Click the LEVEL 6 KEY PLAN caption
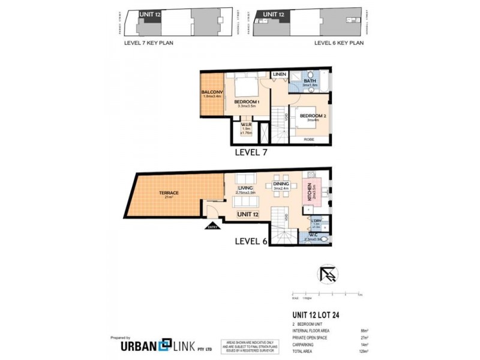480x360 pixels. point(340,43)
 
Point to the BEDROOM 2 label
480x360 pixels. point(312,116)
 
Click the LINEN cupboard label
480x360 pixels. point(280,74)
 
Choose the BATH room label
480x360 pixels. point(310,82)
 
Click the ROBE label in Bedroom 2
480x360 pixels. point(309,139)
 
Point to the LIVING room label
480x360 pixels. point(244,189)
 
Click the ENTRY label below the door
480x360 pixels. point(212,227)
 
